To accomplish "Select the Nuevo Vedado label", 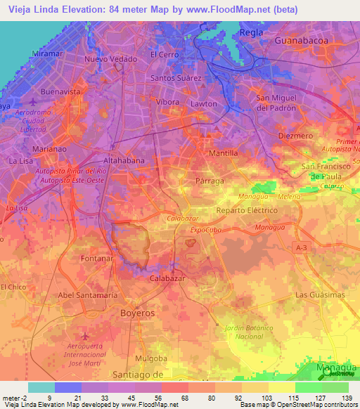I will (111, 59).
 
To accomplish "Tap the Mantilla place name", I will (224, 152).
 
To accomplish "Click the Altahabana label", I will (124, 160).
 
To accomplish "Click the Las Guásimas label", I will (316, 294).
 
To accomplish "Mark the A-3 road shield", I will (302, 247).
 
